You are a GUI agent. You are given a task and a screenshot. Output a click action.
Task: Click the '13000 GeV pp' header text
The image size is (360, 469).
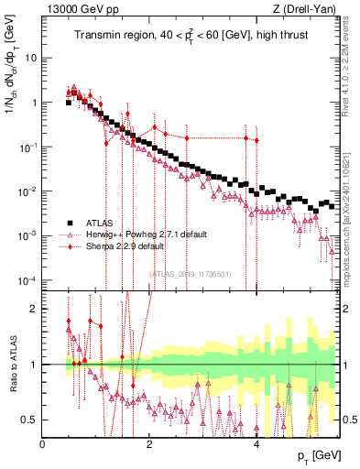[78, 8]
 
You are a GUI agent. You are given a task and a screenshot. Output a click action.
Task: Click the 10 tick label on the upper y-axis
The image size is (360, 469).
[30, 58]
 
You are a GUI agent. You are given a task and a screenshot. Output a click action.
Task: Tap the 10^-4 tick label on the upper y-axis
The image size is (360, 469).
[27, 279]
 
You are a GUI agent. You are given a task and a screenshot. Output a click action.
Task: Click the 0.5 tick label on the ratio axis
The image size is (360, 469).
[29, 420]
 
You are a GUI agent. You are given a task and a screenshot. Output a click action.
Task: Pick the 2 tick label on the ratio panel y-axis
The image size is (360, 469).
[35, 309]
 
